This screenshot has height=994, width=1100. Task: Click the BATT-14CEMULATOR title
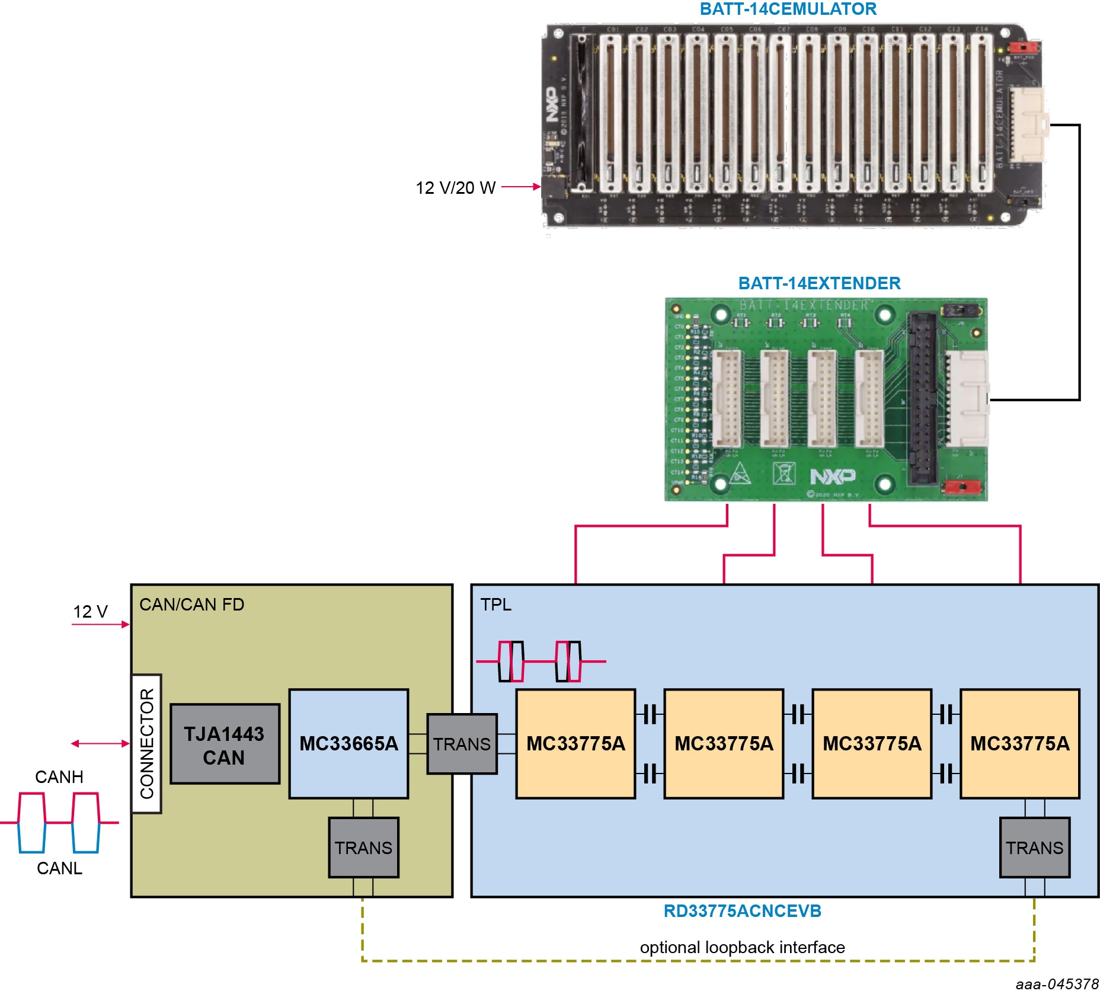[x=788, y=9]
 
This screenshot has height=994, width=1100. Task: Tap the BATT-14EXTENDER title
[x=819, y=283]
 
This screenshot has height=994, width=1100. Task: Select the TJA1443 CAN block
[x=225, y=744]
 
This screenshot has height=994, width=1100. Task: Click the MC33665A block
[x=348, y=743]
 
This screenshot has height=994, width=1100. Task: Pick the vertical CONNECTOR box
[x=146, y=743]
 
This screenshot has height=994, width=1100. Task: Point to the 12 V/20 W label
[x=455, y=188]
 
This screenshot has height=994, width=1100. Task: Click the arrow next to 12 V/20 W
[x=521, y=187]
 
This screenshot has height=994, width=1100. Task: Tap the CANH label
[x=59, y=776]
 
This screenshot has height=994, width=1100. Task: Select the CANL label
[x=59, y=868]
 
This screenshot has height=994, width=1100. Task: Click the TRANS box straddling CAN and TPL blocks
[x=462, y=744]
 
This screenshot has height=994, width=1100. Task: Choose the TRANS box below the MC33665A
[x=363, y=848]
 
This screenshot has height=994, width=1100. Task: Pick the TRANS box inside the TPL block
[x=1034, y=848]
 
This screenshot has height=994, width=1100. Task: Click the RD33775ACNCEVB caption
[x=742, y=911]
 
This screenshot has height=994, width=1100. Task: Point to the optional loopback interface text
[x=742, y=947]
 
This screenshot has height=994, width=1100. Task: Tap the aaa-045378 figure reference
[x=1057, y=984]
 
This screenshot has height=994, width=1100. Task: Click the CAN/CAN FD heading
[x=191, y=605]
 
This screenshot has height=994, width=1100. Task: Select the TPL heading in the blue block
[x=495, y=605]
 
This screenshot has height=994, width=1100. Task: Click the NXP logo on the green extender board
[x=833, y=476]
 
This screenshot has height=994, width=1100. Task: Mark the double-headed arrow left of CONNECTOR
[x=100, y=743]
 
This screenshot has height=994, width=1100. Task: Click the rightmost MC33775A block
[x=1019, y=743]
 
